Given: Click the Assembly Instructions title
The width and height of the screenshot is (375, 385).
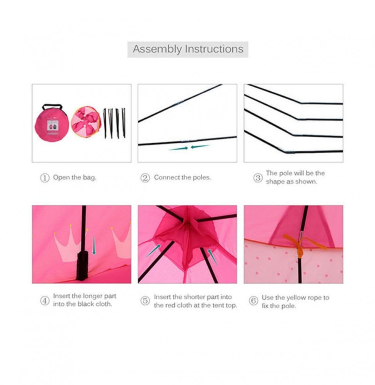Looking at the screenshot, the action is (188, 49).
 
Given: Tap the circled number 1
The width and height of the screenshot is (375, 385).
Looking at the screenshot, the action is (45, 178).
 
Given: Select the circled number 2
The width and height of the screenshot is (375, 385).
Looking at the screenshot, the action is (145, 178).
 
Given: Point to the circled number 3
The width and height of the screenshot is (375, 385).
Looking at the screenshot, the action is (258, 178).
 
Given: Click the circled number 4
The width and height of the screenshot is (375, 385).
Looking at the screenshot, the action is (45, 301).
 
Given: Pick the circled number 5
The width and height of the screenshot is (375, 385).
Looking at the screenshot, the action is (145, 301).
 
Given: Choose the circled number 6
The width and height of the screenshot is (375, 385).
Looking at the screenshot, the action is (253, 301).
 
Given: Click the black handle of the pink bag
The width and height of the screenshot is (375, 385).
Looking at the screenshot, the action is (52, 107).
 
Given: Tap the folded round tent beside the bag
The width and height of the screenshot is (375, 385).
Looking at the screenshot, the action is (86, 122).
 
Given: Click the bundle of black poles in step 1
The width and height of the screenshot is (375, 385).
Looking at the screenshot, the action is (114, 123).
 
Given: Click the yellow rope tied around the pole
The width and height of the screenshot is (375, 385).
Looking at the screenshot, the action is (301, 244).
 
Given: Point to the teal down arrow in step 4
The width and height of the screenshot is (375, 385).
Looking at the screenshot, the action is (93, 245).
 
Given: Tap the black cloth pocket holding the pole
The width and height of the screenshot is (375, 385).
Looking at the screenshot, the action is (83, 266).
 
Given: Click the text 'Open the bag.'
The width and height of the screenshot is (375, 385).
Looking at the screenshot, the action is (75, 178).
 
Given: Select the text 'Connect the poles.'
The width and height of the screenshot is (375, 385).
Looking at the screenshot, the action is (182, 177).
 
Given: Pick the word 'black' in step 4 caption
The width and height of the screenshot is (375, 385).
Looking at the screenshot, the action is (85, 304).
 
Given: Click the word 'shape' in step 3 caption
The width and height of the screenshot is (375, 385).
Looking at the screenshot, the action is (275, 182).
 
